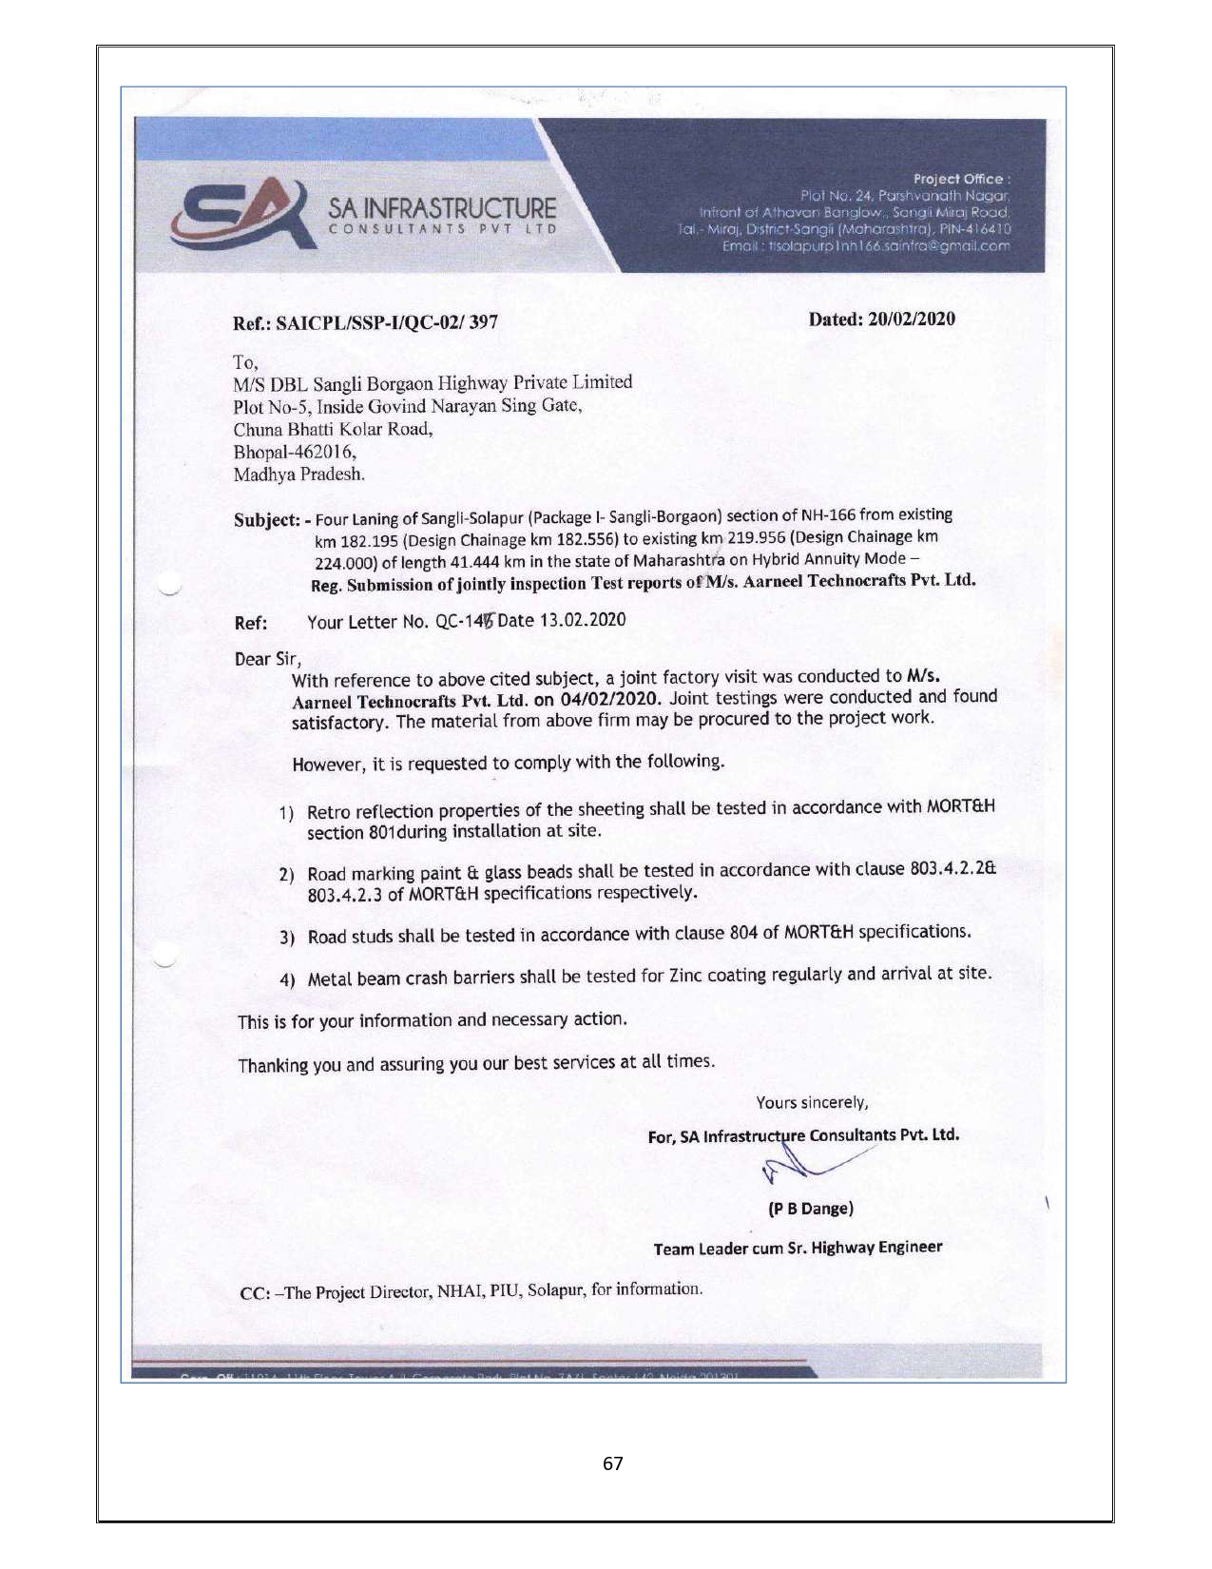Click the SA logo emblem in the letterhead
(x=242, y=213)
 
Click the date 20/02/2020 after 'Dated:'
(x=911, y=319)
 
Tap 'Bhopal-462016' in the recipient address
(x=295, y=452)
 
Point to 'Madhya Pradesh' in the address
(x=298, y=475)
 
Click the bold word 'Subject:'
(x=267, y=520)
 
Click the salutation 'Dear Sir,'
(x=268, y=659)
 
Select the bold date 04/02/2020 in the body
(x=609, y=699)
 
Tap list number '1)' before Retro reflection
(x=286, y=813)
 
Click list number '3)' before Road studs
(x=287, y=938)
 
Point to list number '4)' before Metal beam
(x=287, y=980)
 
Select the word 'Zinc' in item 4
(x=687, y=976)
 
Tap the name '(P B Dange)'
(x=810, y=1209)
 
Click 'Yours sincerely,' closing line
(x=812, y=1103)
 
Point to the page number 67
(x=613, y=1463)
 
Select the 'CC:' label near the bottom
(x=255, y=1294)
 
